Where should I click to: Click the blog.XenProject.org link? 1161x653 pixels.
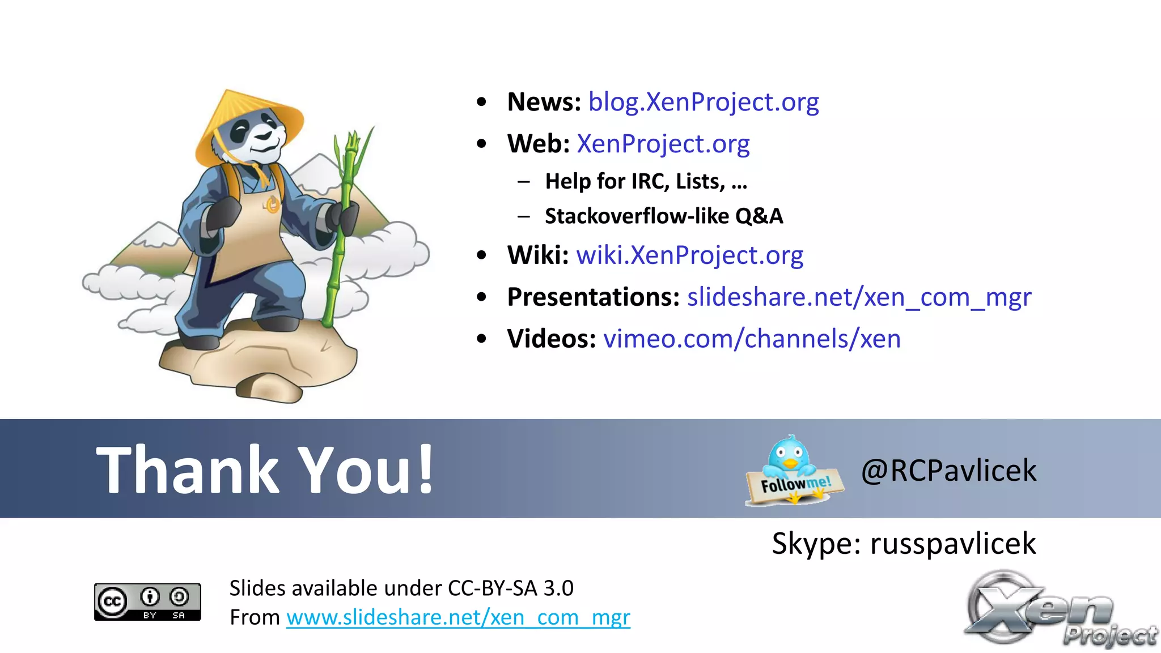[703, 103]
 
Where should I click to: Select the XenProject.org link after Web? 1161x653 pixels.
[663, 144]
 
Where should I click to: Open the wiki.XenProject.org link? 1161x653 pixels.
[689, 255]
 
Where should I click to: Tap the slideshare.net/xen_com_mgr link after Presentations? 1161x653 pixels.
[859, 297]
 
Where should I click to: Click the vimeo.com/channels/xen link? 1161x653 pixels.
[752, 339]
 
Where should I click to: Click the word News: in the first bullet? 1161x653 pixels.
[544, 103]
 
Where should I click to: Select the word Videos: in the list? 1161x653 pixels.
[551, 339]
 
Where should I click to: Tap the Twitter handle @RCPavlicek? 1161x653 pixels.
[948, 471]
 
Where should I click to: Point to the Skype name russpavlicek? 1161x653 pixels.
[952, 544]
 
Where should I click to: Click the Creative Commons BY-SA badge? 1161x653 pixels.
[147, 601]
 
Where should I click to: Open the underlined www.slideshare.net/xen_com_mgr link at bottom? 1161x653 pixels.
[458, 617]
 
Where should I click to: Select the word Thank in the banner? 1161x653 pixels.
[187, 470]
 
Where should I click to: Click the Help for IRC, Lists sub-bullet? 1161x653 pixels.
[646, 182]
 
